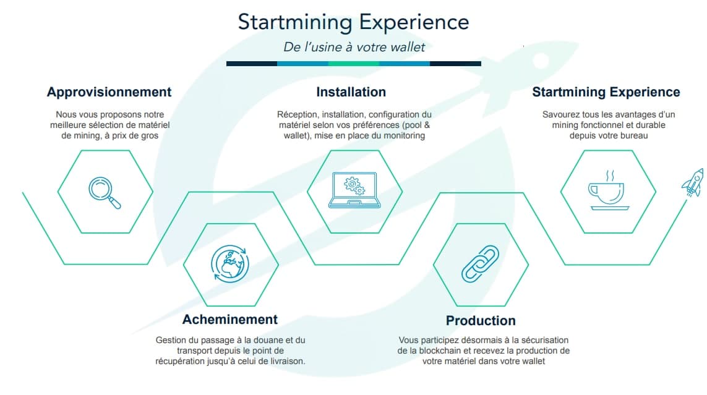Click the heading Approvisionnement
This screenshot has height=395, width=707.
tap(109, 92)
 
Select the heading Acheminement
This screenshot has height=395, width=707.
tap(229, 320)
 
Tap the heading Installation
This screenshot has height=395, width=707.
tap(351, 92)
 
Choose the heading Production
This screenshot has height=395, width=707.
tap(481, 321)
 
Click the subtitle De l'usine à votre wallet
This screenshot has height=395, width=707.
tap(354, 47)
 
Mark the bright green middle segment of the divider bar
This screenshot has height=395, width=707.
tap(353, 63)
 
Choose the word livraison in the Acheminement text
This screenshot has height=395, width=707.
tap(283, 361)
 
